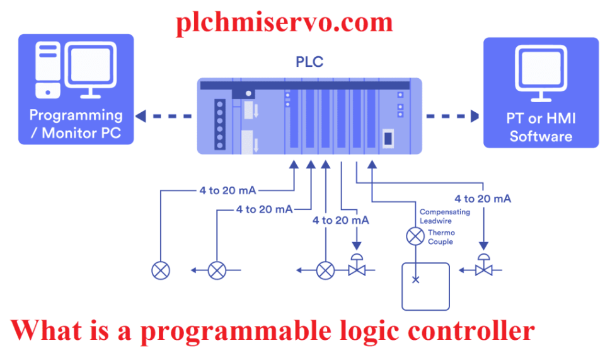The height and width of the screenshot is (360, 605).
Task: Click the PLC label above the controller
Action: click(x=309, y=62)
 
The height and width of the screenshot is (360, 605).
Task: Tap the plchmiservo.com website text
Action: click(x=284, y=22)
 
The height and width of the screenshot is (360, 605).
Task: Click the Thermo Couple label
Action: click(x=441, y=237)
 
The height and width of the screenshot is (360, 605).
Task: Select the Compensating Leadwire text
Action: click(x=445, y=216)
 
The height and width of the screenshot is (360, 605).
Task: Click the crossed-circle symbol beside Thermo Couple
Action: click(x=415, y=237)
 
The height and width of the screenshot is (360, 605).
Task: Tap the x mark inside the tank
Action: click(x=415, y=279)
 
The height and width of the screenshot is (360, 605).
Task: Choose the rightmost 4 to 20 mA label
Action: click(x=483, y=199)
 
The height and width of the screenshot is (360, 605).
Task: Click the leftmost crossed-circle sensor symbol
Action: click(x=161, y=270)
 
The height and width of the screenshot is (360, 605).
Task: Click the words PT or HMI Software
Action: click(x=541, y=127)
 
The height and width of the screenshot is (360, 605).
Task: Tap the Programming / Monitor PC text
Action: click(x=76, y=124)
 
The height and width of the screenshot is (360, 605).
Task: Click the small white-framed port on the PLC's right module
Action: click(x=388, y=137)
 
